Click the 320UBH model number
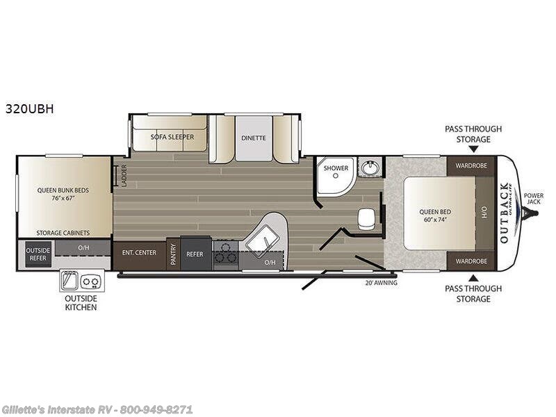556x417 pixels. pos(29,108)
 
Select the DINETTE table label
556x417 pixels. pos(254,138)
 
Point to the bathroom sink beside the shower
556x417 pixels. pos(369,168)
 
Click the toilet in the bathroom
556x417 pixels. pos(366,218)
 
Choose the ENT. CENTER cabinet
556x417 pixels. pos(139,254)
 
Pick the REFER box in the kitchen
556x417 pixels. pos(195,254)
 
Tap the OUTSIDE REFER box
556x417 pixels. pos(35,254)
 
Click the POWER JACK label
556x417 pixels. pos(534,199)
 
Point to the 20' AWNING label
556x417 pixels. pos(379,283)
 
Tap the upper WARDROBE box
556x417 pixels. pos(471,165)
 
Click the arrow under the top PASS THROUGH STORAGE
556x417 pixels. pos(473,148)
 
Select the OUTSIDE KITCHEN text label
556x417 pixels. pos(81,302)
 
